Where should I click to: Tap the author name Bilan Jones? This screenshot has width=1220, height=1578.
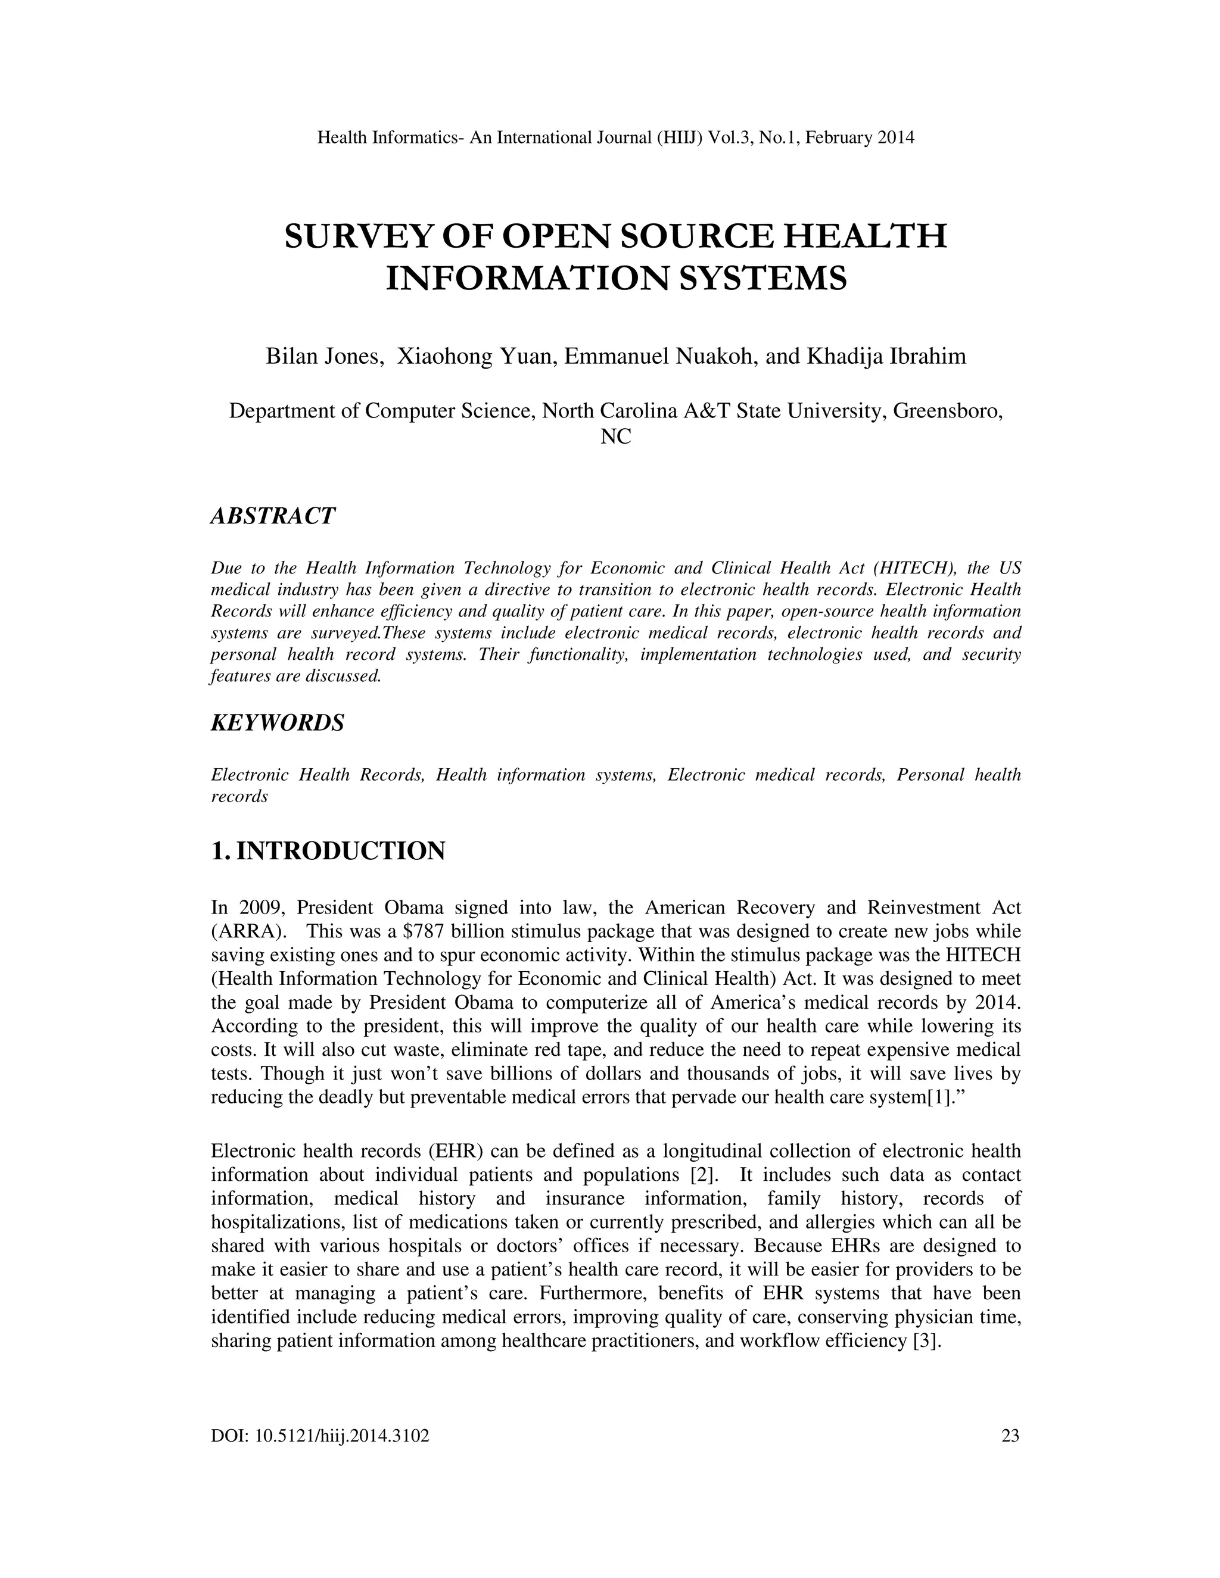tap(324, 356)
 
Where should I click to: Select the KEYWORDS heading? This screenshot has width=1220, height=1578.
tap(278, 722)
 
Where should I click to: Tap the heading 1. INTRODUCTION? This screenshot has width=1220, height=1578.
tap(328, 850)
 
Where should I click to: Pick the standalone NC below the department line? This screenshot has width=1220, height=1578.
tap(616, 436)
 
